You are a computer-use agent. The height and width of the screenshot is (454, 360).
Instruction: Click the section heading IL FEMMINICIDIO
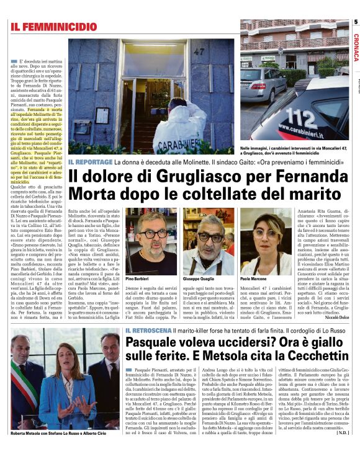[53, 27]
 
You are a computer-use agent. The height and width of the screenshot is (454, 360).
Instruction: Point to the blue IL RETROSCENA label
[152, 331]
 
